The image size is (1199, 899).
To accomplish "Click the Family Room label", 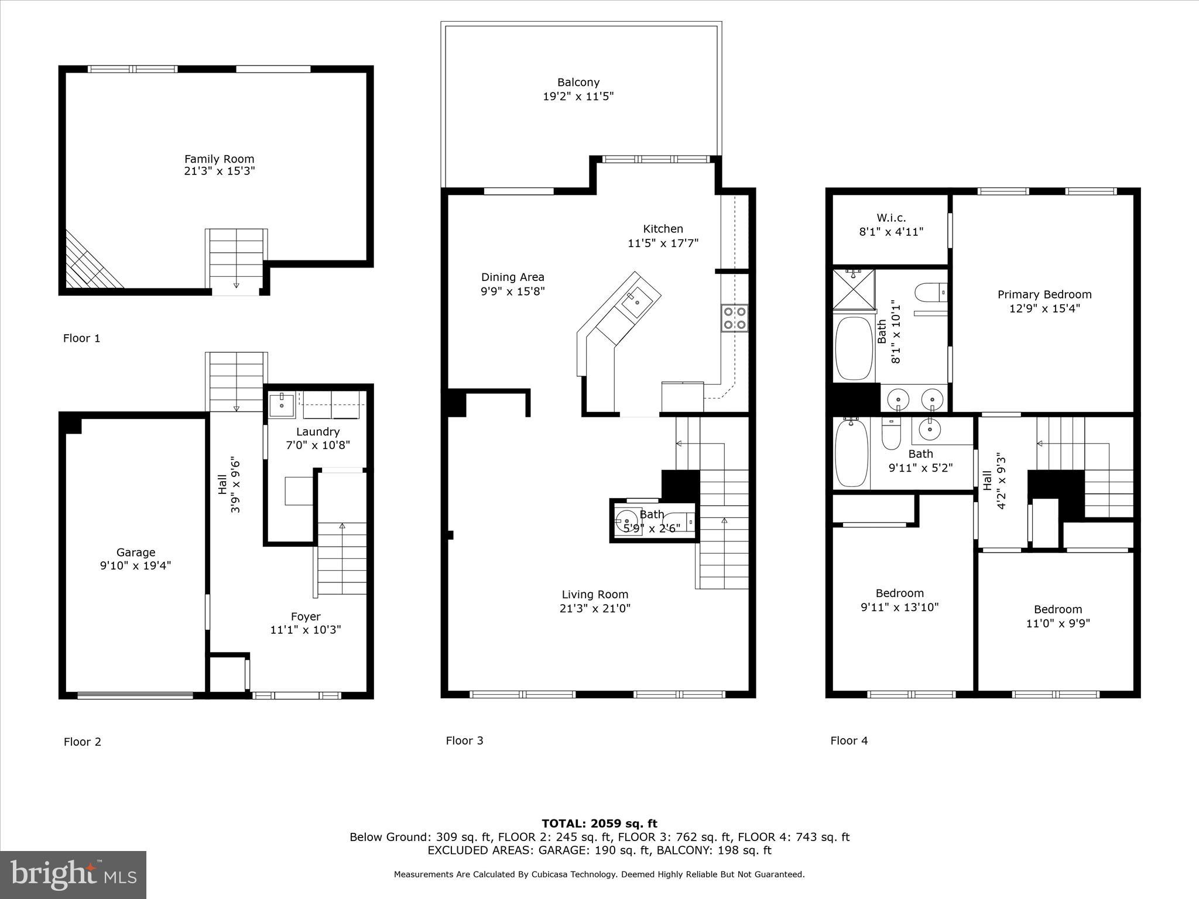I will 219,159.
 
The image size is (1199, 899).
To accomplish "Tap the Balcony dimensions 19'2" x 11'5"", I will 578,97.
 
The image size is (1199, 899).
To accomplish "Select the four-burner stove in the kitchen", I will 735,318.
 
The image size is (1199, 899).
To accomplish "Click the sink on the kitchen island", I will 636,303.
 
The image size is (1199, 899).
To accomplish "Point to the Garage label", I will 136,552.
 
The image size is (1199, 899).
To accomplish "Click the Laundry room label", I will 317,431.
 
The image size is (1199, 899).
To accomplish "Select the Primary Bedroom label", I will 1044,294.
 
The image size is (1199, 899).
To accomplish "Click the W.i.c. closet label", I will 891,218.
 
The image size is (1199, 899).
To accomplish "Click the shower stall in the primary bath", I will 854,289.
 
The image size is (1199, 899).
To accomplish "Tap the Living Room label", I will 595,594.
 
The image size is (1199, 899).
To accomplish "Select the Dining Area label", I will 512,277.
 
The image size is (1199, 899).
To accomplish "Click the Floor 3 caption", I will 464,740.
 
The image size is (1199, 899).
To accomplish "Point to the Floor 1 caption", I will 81,338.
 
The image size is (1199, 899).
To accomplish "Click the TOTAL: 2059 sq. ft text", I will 599,823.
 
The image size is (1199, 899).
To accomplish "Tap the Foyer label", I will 306,616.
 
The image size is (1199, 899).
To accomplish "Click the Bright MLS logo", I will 73,874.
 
